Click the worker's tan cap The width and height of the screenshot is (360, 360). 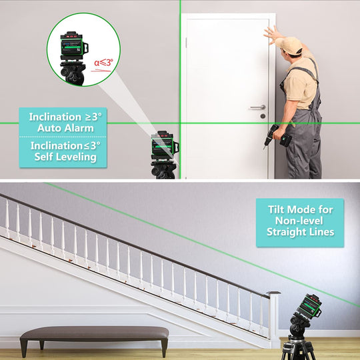[289, 45]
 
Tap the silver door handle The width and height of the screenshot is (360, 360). [257, 107]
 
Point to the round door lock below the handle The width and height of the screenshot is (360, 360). [263, 116]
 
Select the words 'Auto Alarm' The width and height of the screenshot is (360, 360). [65, 128]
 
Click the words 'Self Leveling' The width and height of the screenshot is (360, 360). [65, 157]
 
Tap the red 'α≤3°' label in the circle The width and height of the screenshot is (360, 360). [103, 63]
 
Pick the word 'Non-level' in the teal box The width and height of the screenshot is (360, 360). [299, 221]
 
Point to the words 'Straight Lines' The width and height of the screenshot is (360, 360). [300, 231]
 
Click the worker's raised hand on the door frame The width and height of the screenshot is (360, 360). [273, 35]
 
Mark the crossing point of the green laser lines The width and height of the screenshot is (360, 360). [180, 123]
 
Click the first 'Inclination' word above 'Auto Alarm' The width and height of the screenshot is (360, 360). [55, 117]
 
